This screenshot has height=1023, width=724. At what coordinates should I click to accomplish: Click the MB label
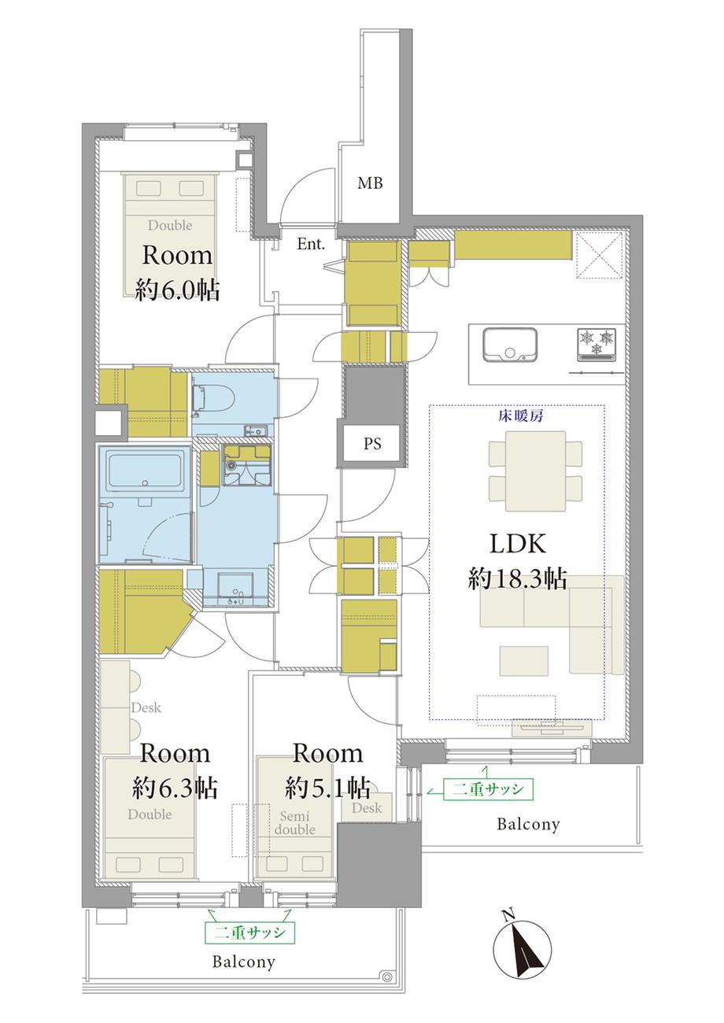point(370,183)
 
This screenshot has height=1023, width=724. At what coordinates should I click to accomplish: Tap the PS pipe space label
point(372,444)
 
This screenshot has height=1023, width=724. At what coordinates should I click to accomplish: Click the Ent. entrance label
point(311,244)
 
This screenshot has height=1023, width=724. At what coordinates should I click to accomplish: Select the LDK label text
point(518,544)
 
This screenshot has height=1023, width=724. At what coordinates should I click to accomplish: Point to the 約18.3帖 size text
point(517,579)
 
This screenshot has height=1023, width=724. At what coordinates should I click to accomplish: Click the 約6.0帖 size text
point(178,290)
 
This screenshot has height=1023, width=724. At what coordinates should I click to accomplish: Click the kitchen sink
point(510,344)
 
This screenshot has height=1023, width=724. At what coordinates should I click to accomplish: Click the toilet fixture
point(212,401)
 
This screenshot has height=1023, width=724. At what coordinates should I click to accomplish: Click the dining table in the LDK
point(535,471)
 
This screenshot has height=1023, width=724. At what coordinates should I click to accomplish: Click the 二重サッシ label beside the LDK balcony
point(488,789)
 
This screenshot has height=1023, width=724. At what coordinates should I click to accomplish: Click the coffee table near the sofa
point(523,661)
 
